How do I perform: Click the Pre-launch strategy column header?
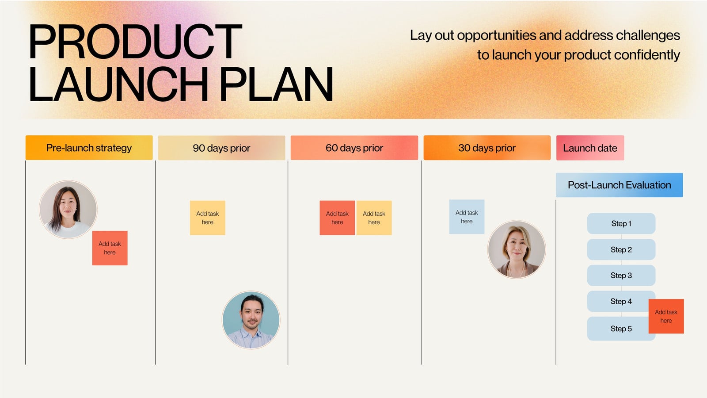pos(89,148)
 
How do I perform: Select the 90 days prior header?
pos(221,148)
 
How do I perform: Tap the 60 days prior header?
pos(354,148)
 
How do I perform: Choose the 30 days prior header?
pos(487,148)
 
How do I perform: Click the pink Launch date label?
pos(590,148)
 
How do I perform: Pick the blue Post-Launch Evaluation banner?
pos(619,185)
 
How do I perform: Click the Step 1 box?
pos(621,223)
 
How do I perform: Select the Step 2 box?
pos(621,249)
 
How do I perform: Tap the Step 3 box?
pos(621,275)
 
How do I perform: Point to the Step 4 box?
pos(619,301)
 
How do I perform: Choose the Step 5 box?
pos(619,329)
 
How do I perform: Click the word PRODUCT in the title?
pos(135,42)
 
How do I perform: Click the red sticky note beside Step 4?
pos(666,316)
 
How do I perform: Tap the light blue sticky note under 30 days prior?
pos(467,217)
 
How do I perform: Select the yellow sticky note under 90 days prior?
pos(207,218)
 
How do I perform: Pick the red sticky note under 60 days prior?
pos(337,218)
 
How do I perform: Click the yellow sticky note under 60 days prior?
pos(374,218)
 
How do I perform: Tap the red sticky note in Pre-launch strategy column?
pos(110,248)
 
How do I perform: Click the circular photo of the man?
pos(251,320)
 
